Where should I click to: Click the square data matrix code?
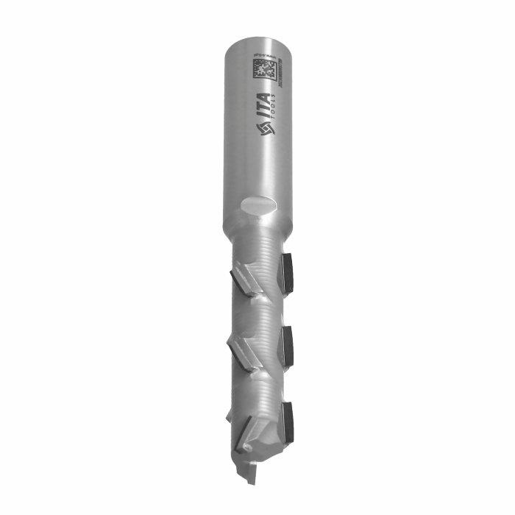(x=263, y=71)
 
